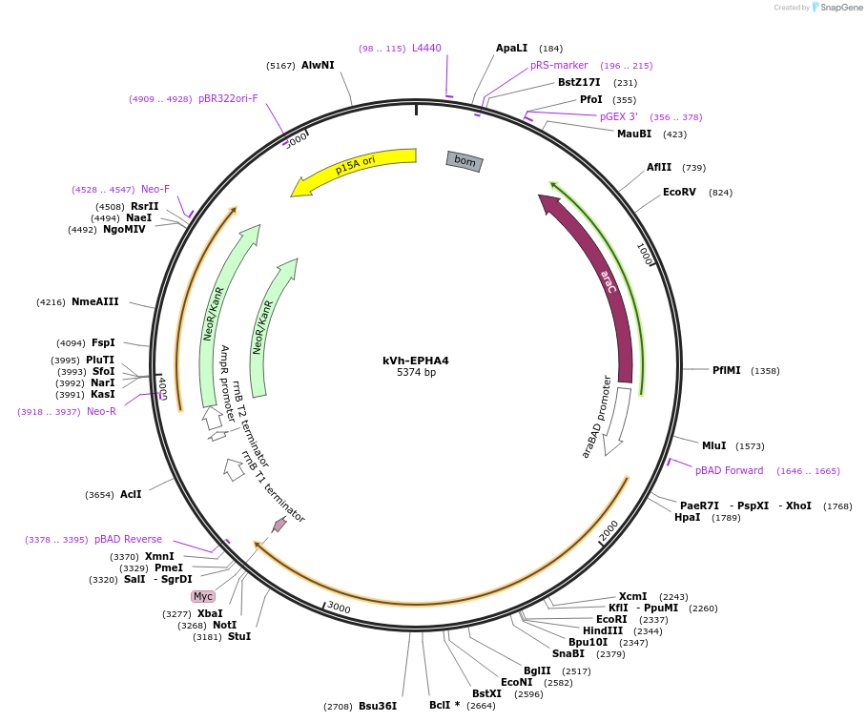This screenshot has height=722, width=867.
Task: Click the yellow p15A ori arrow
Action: click(354, 165)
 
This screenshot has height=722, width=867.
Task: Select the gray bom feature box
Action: click(464, 161)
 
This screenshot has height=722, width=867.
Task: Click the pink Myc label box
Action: click(203, 596)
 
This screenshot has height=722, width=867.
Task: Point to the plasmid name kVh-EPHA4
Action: click(416, 361)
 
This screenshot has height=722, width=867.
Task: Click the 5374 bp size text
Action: click(417, 373)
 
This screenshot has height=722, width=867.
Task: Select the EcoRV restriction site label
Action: click(679, 192)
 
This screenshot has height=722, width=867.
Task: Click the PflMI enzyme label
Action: click(727, 370)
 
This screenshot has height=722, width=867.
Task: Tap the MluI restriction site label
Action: click(713, 445)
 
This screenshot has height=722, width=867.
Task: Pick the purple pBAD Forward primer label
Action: click(729, 470)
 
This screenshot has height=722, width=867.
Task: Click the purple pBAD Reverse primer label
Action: click(128, 539)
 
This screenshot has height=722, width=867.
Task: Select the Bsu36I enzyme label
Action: click(378, 706)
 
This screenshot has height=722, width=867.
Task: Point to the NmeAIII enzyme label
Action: click(95, 301)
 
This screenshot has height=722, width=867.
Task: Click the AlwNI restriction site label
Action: click(318, 65)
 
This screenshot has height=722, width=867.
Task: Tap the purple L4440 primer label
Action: click(427, 48)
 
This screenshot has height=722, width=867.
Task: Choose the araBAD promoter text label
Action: click(596, 417)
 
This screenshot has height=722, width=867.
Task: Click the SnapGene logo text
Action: click(841, 8)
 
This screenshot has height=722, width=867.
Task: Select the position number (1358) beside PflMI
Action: click(765, 370)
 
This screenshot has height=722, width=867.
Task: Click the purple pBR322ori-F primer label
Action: click(228, 98)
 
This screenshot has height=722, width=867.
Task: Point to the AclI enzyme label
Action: click(131, 494)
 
